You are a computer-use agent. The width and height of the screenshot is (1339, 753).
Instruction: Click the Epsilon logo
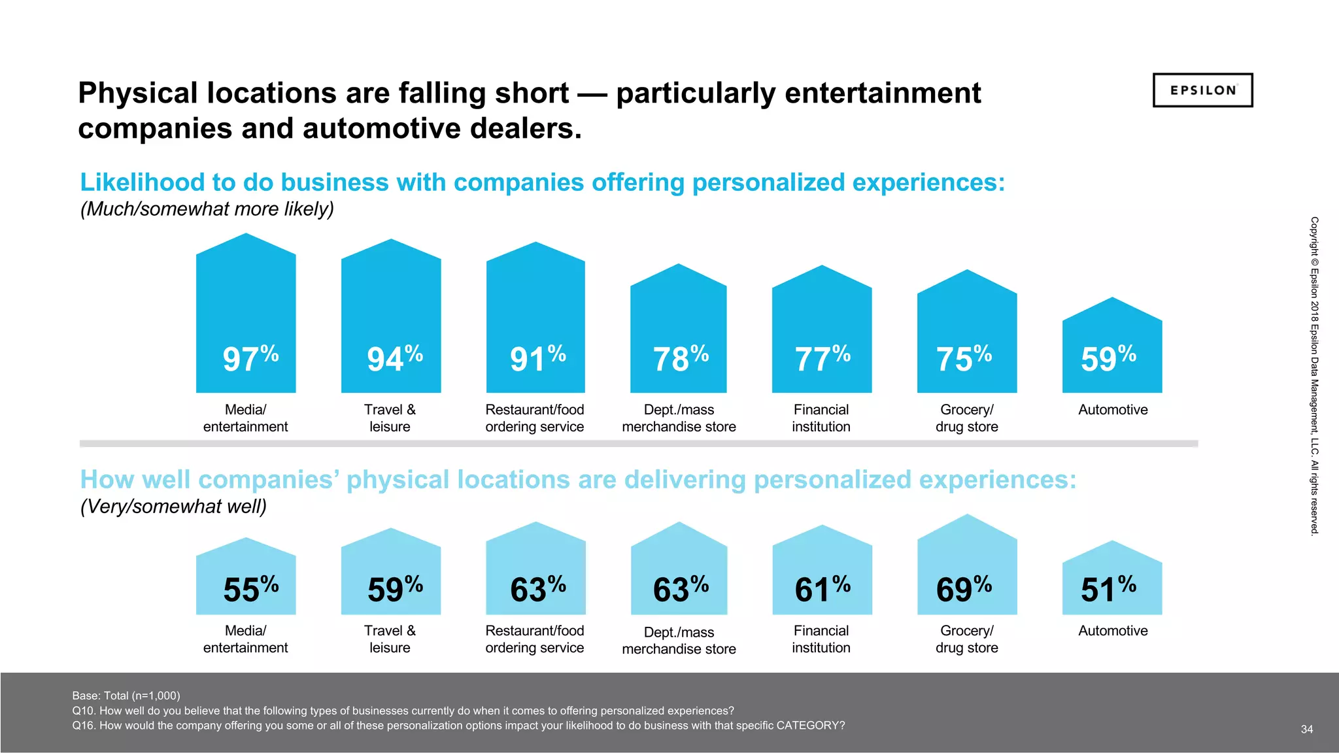(1202, 90)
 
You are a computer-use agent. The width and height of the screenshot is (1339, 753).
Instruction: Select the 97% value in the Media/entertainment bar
(250, 358)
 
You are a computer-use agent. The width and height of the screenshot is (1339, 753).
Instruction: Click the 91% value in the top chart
(537, 358)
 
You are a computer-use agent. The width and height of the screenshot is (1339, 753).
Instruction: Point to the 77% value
(822, 358)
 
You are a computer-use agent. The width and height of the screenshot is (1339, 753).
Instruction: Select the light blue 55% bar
(246, 578)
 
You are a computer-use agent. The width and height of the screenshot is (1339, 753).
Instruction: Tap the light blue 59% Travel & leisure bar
(391, 575)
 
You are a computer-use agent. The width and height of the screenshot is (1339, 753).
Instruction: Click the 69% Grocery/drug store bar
(967, 569)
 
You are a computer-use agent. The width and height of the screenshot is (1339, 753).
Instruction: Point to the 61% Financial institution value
(822, 588)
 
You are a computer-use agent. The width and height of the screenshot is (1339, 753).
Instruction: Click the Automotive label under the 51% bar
(1113, 631)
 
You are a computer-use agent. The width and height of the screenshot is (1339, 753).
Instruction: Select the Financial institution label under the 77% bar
(821, 418)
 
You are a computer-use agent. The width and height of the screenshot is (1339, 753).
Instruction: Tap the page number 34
(1306, 729)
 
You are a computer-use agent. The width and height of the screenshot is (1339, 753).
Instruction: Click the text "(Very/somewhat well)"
(173, 507)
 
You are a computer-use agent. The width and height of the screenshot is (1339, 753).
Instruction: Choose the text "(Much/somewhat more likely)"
(207, 209)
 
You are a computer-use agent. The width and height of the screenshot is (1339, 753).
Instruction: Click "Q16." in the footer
(84, 726)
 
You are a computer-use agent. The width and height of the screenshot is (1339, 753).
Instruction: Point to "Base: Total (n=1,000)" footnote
(126, 695)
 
